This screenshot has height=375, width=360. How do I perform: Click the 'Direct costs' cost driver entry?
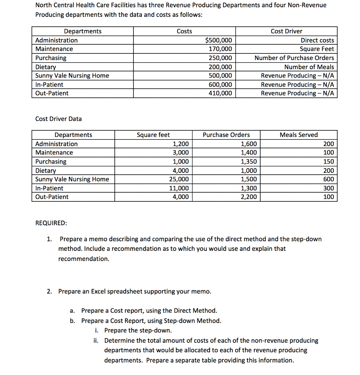[317, 40]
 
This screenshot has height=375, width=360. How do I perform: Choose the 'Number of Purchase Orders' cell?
[294, 58]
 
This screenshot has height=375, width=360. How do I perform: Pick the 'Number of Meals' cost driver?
[309, 67]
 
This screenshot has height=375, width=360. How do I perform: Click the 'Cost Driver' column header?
[286, 31]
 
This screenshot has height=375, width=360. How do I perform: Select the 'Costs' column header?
[184, 31]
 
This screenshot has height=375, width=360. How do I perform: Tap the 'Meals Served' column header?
[298, 135]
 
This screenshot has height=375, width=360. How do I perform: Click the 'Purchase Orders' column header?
[226, 135]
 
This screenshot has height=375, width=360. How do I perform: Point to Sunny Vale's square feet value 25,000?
[181, 179]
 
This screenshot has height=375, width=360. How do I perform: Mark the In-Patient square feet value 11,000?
[181, 188]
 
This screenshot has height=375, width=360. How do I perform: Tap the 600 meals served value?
[328, 179]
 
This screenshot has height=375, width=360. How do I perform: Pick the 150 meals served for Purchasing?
[328, 161]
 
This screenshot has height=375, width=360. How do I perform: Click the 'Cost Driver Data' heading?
[58, 119]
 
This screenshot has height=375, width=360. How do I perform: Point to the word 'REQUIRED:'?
[51, 223]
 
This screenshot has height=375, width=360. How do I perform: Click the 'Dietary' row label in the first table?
[45, 67]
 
